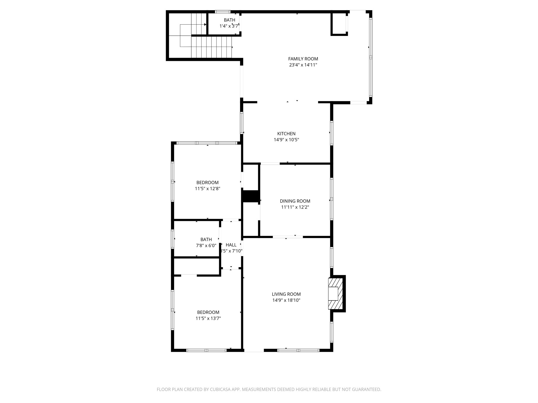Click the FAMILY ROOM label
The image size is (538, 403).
coord(303,59)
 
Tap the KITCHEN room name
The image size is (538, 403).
coord(286,134)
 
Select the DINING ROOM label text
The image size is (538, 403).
coord(295,201)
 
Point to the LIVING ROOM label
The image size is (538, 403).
coord(286,294)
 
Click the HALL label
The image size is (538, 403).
coord(231,245)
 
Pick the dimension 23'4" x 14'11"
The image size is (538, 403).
coord(303,65)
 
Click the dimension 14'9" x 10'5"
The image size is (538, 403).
coord(286,140)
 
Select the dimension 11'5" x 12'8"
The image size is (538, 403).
coord(207,189)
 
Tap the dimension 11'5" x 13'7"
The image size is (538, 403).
coord(208,319)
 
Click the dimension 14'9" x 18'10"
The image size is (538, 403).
coord(286,300)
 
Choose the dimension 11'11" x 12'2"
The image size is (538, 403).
coord(295,207)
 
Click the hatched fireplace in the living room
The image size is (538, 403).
coord(336,294)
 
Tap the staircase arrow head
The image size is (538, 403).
coord(205,25)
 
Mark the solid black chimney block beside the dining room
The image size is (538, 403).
coord(251,196)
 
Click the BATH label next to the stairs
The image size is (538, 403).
coord(229,20)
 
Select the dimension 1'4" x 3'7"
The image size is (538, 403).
coord(229,26)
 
